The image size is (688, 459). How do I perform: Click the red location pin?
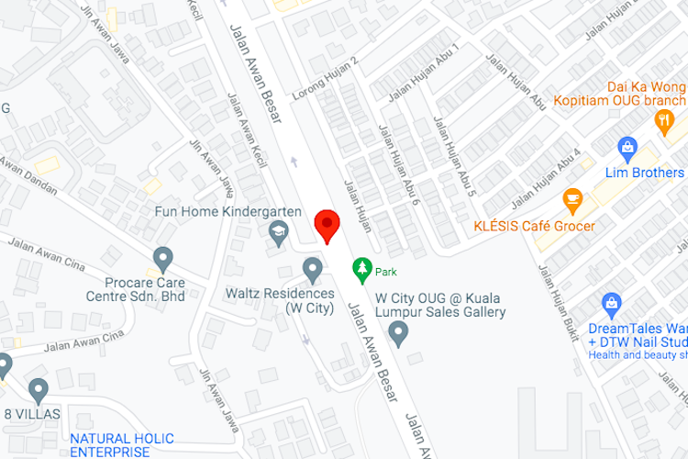327,224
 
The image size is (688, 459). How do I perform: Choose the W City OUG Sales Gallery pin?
397,335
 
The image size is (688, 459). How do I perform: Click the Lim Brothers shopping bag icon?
628,147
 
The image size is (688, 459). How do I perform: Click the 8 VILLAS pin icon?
38,390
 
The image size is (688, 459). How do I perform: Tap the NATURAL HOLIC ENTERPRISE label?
109,445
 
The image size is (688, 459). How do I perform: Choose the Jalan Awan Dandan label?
28,174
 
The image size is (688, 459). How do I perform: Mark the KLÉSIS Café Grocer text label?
534,226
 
